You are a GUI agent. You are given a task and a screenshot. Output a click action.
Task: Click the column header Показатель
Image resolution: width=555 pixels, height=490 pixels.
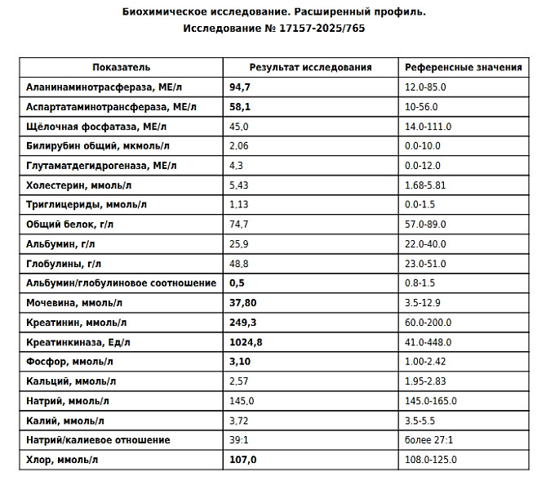[122, 67]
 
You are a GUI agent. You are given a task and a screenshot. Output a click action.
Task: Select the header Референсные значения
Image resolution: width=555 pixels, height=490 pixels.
[463, 67]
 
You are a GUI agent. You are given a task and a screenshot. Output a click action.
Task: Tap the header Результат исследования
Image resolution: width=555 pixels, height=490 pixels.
[310, 67]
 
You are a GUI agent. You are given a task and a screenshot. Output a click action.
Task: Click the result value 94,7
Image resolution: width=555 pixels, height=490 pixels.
[239, 87]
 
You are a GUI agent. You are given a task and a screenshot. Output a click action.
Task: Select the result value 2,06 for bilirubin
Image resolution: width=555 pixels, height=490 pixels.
[238, 146]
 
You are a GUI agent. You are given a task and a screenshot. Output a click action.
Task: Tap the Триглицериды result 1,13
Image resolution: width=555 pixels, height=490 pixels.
[238, 205]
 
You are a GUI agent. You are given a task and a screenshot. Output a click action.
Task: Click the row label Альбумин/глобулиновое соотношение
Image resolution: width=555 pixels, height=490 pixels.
[122, 283]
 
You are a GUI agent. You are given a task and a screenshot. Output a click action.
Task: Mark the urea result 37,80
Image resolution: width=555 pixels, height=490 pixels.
[243, 303]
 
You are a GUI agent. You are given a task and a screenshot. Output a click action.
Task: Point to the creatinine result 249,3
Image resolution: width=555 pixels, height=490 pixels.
[243, 323]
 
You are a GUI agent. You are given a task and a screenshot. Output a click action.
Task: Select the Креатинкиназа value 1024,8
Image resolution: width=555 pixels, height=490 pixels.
[246, 342]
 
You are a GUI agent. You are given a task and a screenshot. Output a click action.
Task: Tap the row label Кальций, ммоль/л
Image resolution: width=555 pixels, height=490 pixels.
[71, 381]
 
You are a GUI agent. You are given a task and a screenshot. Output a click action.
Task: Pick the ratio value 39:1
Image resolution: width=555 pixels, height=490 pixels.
[238, 440]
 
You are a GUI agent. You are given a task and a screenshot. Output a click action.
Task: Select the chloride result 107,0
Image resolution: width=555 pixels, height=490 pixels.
[242, 460]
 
